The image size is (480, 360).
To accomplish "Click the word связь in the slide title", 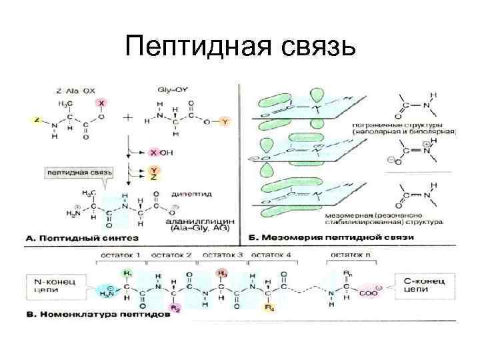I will point(311,47).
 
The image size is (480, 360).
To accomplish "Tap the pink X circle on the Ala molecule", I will point(102,105).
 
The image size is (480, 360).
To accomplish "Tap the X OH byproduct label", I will point(161,153).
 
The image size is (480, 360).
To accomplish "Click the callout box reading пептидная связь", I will point(79,172).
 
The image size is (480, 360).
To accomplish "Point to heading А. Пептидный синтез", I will point(82,237).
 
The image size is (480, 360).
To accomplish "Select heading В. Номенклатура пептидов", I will point(97,314).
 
